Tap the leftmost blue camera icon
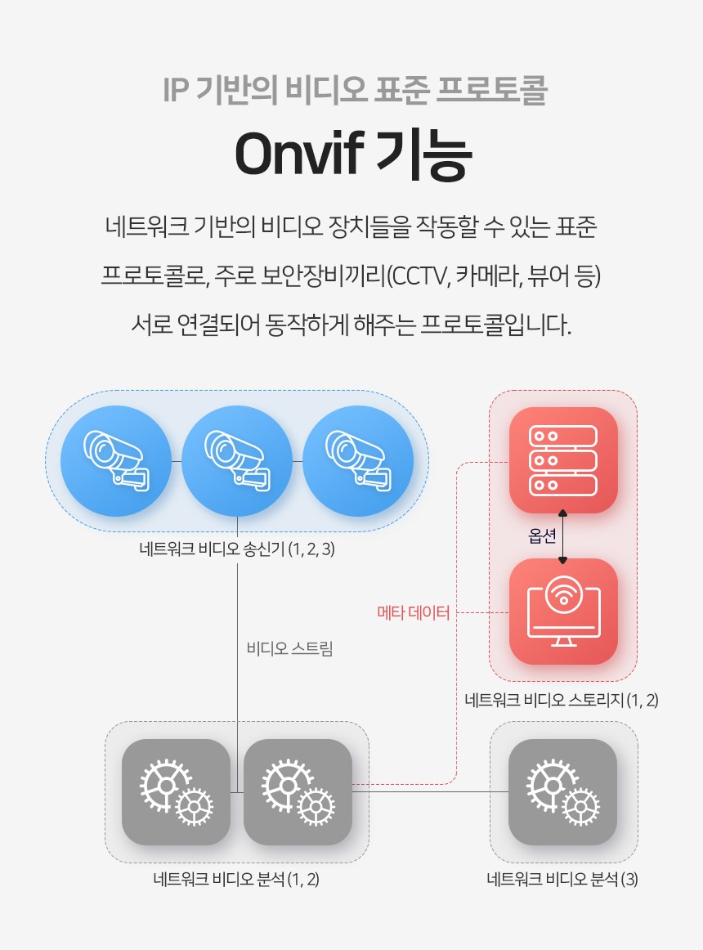pyautogui.click(x=116, y=461)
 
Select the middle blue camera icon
pyautogui.click(x=237, y=461)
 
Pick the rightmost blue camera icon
pyautogui.click(x=358, y=461)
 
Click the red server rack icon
pyautogui.click(x=563, y=460)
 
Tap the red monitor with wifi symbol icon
pyautogui.click(x=563, y=612)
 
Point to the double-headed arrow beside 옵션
pyautogui.click(x=562, y=536)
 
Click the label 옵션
pyautogui.click(x=542, y=535)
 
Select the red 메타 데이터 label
pyautogui.click(x=414, y=612)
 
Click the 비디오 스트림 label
pyautogui.click(x=289, y=648)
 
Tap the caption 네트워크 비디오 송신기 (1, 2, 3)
pyautogui.click(x=237, y=549)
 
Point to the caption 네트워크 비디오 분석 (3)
pyautogui.click(x=562, y=879)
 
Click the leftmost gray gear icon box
pyautogui.click(x=176, y=792)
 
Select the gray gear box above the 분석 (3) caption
pyautogui.click(x=562, y=792)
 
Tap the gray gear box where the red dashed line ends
pyautogui.click(x=298, y=792)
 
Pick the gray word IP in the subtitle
pyautogui.click(x=177, y=90)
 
